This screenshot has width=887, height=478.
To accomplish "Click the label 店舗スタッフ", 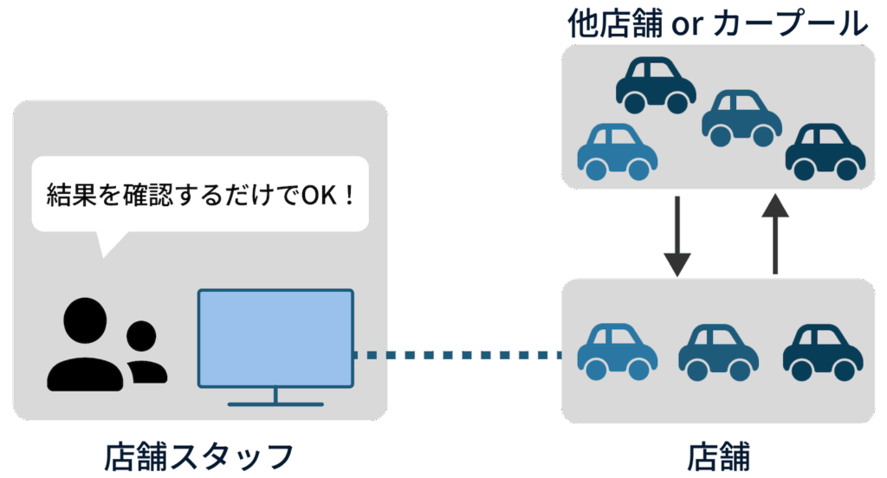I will click(198, 455).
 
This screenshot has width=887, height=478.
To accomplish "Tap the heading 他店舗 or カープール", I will click(718, 23).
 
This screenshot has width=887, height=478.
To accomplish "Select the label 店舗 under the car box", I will click(718, 455).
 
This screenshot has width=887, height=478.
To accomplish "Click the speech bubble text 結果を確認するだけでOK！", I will click(200, 193).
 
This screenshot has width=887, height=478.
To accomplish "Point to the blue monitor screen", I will click(275, 338).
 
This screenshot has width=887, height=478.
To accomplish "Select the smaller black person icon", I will click(144, 352).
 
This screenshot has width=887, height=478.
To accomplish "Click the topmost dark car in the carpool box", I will click(656, 85).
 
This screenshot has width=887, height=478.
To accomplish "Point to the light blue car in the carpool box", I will click(616, 152).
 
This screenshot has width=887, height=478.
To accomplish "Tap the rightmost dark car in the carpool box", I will click(825, 152).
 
